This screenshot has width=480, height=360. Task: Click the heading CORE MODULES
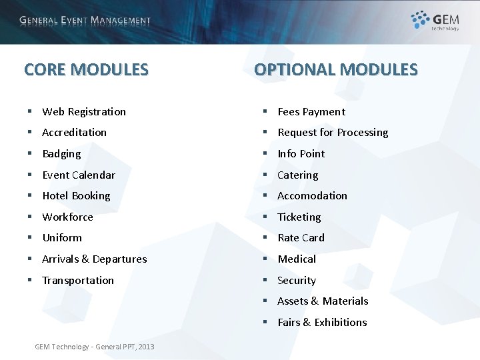[x=86, y=69]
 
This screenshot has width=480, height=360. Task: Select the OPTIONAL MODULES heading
[x=335, y=69]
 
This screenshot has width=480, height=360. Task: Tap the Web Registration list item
[x=84, y=111]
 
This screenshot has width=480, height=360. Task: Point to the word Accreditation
[x=74, y=132]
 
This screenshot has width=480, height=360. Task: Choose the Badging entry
[x=61, y=153]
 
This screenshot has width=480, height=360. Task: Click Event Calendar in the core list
[x=79, y=175]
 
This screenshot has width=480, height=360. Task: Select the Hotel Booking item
[x=76, y=195]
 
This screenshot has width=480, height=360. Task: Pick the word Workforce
[x=67, y=217]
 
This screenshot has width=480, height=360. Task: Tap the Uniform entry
[x=62, y=237]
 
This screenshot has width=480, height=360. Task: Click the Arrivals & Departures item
[x=94, y=259]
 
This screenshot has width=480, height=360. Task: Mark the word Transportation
[x=78, y=280]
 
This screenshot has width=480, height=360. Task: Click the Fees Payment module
[x=311, y=111]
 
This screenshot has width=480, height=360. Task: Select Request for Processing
[x=333, y=132]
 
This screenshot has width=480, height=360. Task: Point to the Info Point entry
[x=301, y=153]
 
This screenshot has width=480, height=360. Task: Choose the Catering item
[x=298, y=175]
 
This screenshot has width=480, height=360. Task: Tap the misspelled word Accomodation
[x=312, y=195]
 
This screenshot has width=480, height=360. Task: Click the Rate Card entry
[x=301, y=237]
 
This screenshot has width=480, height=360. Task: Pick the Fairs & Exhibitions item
[x=322, y=322]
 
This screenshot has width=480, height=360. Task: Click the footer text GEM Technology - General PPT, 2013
[x=94, y=346]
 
